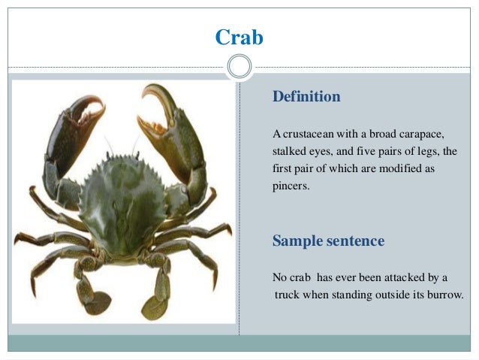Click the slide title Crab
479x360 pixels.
pos(239,37)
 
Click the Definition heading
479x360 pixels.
pos(306,97)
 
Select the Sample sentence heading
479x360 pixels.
pos(328,241)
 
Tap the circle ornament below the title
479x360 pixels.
pos(239,67)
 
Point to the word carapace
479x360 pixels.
pos(420,135)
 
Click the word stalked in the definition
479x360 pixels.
pos(288,152)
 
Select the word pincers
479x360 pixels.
pos(291,185)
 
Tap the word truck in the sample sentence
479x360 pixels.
pos(288,294)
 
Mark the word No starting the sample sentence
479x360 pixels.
pos(279,277)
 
